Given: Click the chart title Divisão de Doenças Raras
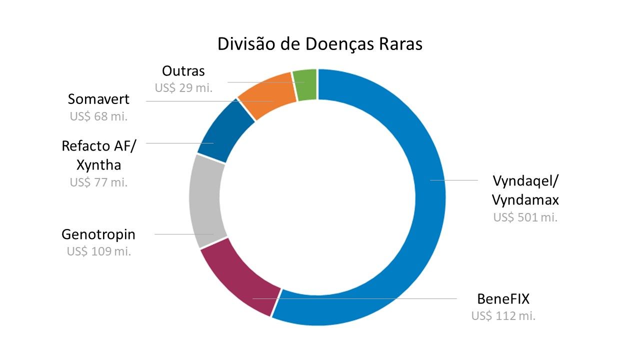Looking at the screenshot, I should pos(320,44).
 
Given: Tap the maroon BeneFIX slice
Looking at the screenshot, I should pos(240,285).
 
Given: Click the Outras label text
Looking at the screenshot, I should pos(183,71).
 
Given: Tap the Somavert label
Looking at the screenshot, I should pos(98,99).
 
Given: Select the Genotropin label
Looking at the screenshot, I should pos(98,234).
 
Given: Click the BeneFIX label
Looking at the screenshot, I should pos(503,299).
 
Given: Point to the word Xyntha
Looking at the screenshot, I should pos(99,164).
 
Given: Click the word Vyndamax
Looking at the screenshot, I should pos(525,199).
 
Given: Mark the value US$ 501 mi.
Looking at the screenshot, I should pos(525,217).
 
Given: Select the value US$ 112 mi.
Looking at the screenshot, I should pos(503,316).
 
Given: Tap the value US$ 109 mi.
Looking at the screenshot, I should pos(99,251).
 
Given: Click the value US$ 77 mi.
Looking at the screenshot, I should pos(99,182).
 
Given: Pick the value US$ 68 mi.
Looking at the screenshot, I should pos(98,116).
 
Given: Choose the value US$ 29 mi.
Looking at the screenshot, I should pos(183,88).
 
